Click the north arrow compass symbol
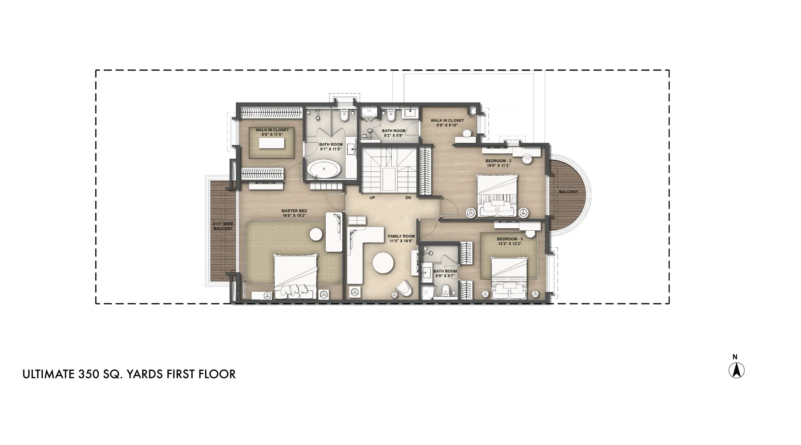(736, 370)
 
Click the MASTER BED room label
(294, 213)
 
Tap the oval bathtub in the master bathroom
(324, 169)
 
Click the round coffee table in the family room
(383, 263)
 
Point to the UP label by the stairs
(372, 198)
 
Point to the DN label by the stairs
(408, 198)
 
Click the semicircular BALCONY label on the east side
(568, 192)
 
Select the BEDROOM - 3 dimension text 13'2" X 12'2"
(510, 244)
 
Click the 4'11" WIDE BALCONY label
(223, 226)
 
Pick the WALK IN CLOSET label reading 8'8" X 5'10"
(447, 123)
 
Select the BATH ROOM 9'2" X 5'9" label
(394, 133)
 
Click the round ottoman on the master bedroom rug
(316, 234)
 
